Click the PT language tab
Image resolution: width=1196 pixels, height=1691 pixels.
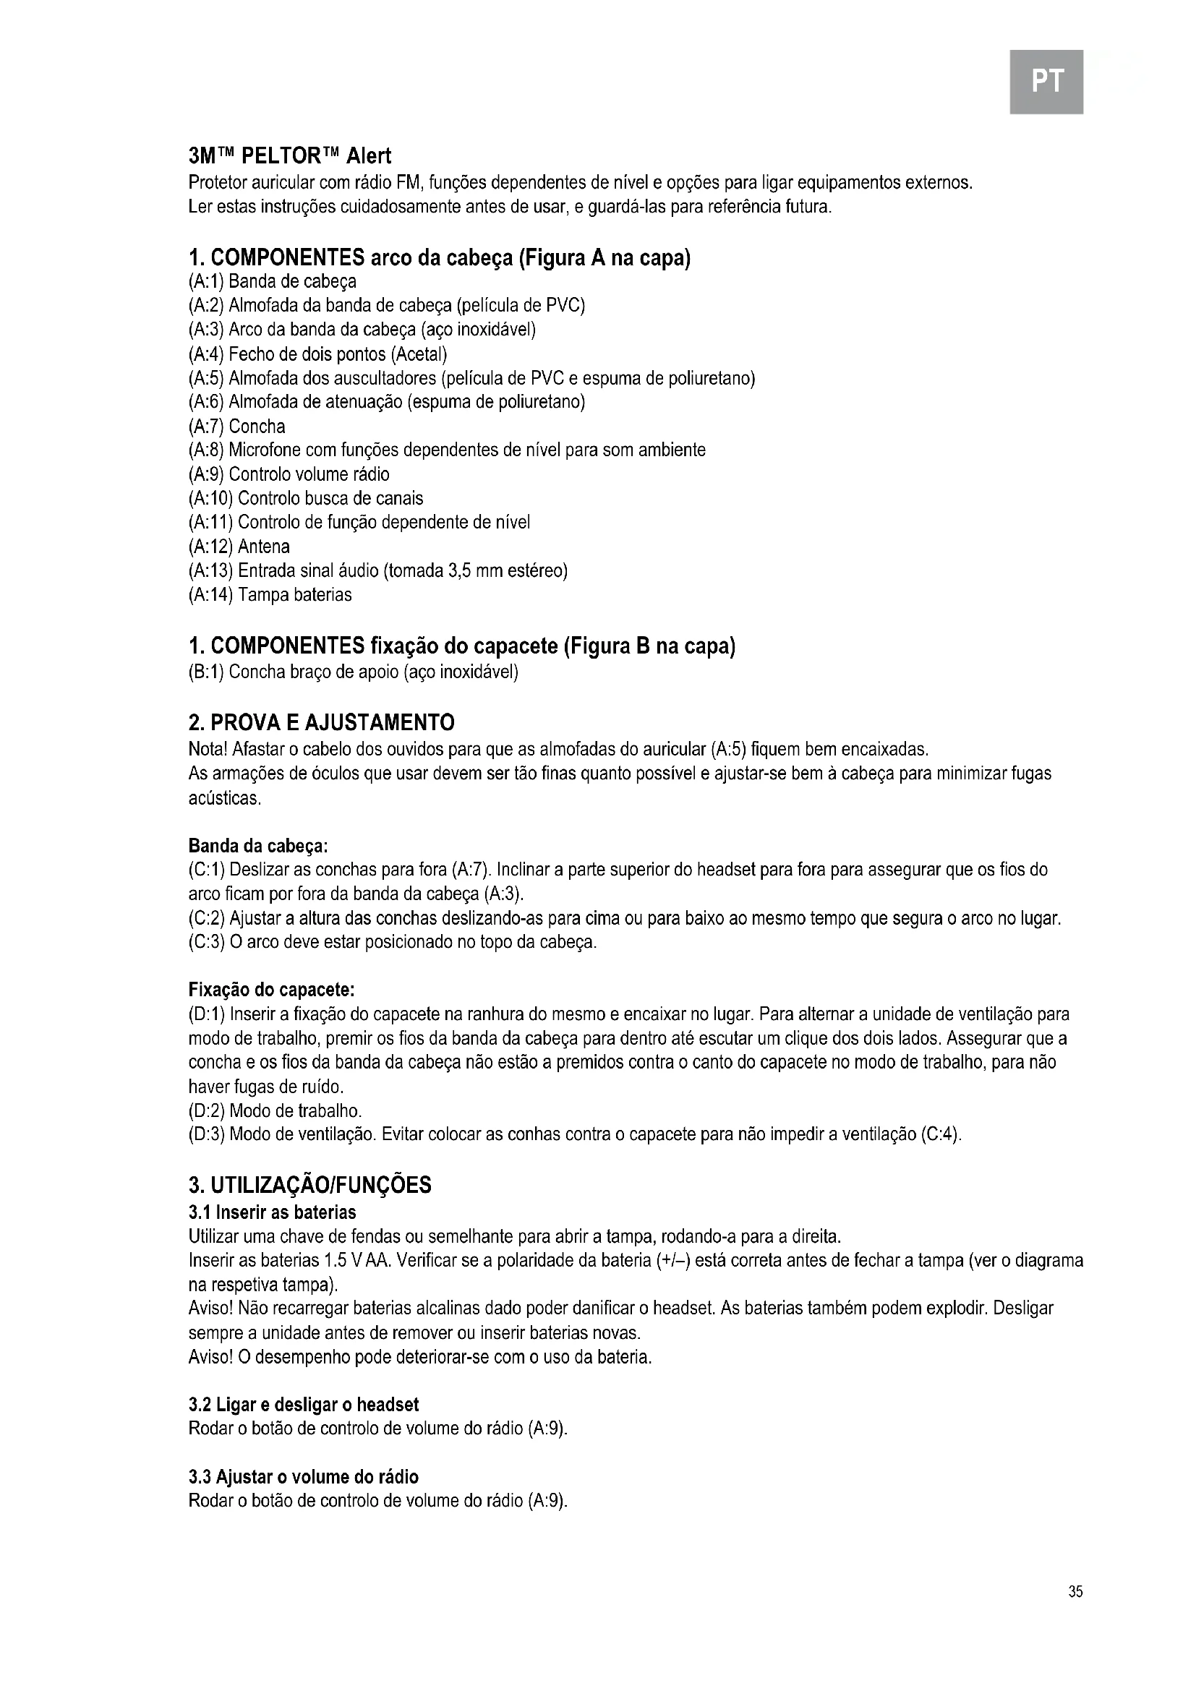coord(1046,81)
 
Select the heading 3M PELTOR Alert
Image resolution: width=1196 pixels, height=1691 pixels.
coord(289,156)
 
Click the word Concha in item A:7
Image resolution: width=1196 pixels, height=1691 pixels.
coord(256,427)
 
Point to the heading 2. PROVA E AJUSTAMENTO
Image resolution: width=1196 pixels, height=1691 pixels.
coord(321,722)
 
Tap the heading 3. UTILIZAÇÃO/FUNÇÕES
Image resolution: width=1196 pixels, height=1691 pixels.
coord(309,1185)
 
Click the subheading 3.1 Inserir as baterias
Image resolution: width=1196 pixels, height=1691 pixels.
coord(272,1212)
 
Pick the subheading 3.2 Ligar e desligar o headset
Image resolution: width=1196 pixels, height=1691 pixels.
coord(304,1405)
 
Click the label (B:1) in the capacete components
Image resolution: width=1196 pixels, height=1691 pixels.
coord(206,672)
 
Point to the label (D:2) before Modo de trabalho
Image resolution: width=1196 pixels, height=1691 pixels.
coord(206,1110)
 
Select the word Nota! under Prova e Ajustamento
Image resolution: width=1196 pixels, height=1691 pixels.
coord(208,750)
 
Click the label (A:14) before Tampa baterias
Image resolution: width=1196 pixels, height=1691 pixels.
coord(210,594)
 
